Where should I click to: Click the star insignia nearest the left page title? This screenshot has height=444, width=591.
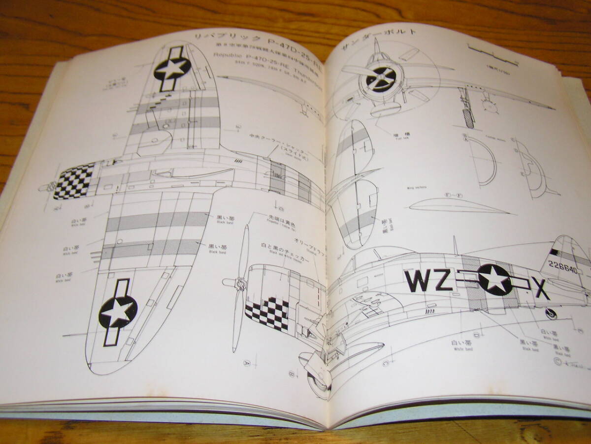(172, 69)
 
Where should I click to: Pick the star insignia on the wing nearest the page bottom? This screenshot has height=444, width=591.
(117, 313)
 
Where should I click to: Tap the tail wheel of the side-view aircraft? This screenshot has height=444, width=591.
(551, 312)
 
